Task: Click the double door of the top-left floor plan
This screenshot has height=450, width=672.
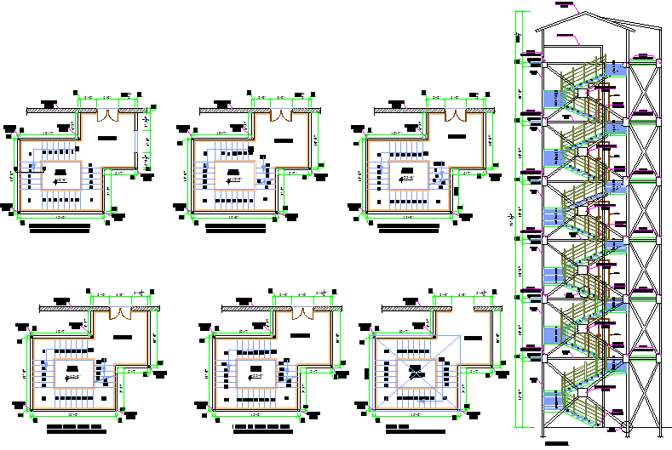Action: click(x=109, y=116)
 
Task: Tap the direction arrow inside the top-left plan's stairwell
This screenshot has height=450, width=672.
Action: click(x=60, y=180)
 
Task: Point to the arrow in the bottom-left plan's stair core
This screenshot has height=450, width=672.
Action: click(x=73, y=375)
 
